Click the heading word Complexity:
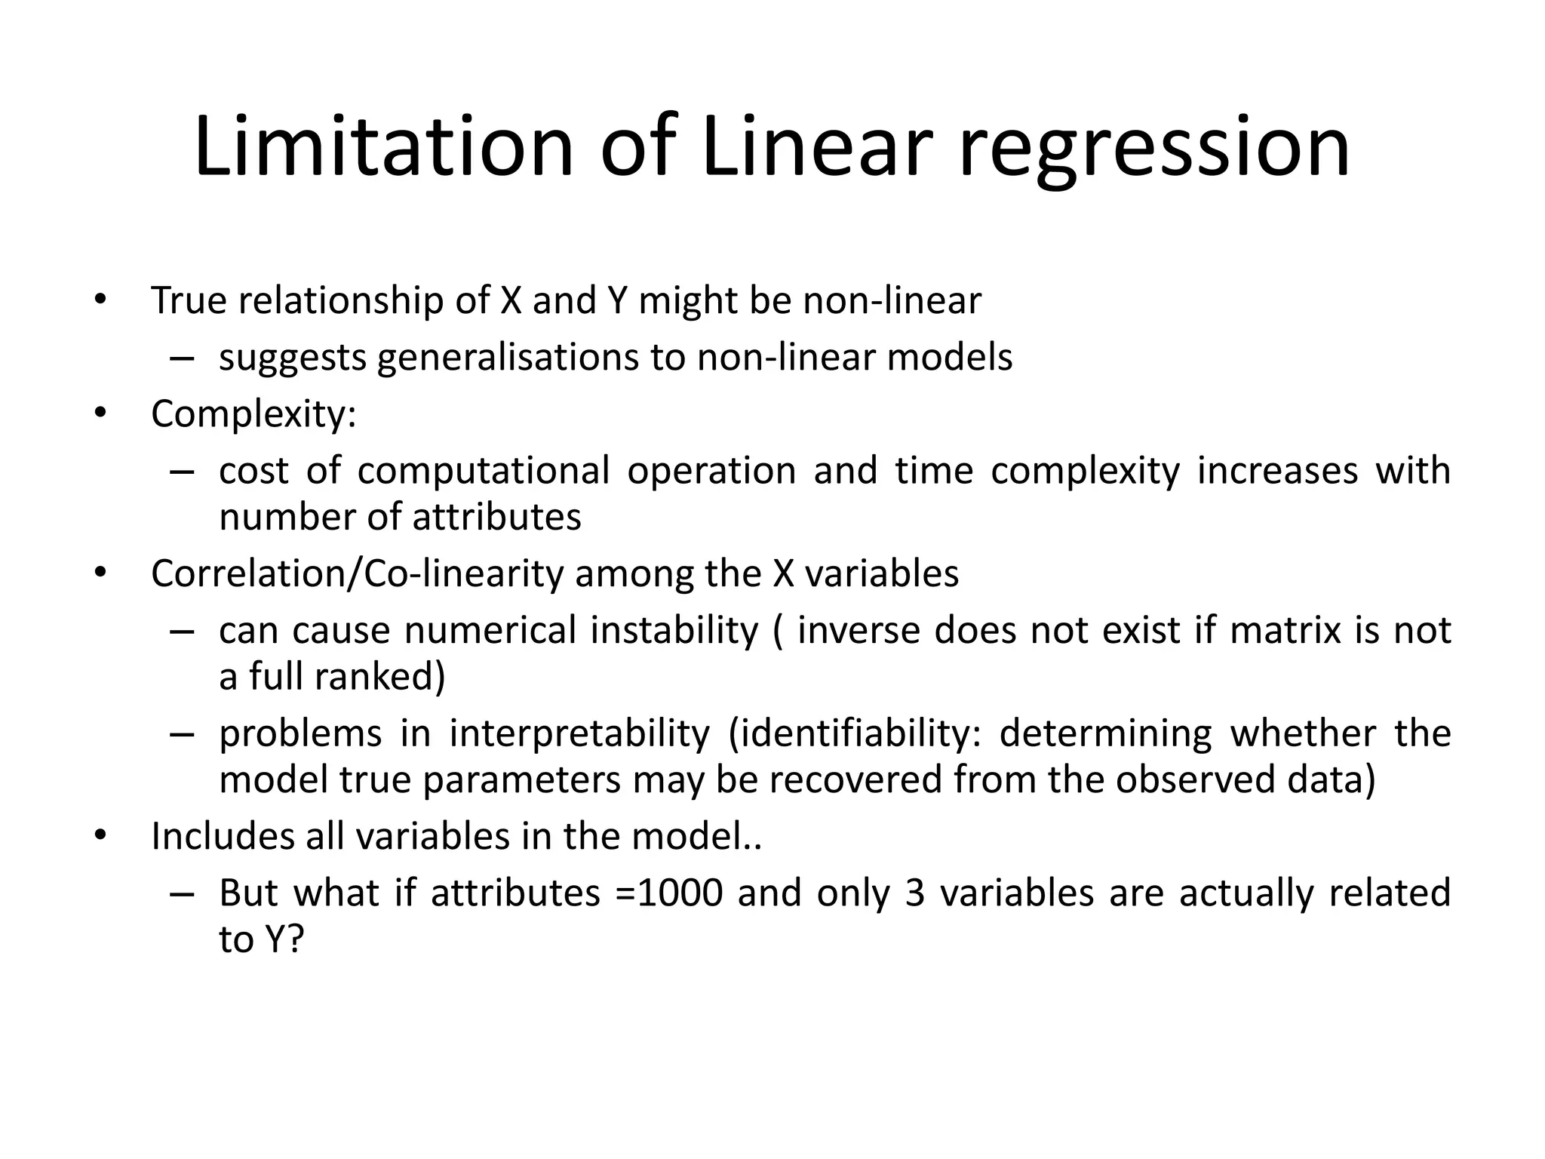tap(253, 415)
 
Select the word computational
tap(483, 471)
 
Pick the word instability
tap(674, 630)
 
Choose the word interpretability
tap(579, 733)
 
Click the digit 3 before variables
tap(914, 893)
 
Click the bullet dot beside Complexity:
tap(100, 413)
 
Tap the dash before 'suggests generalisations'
tap(182, 358)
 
